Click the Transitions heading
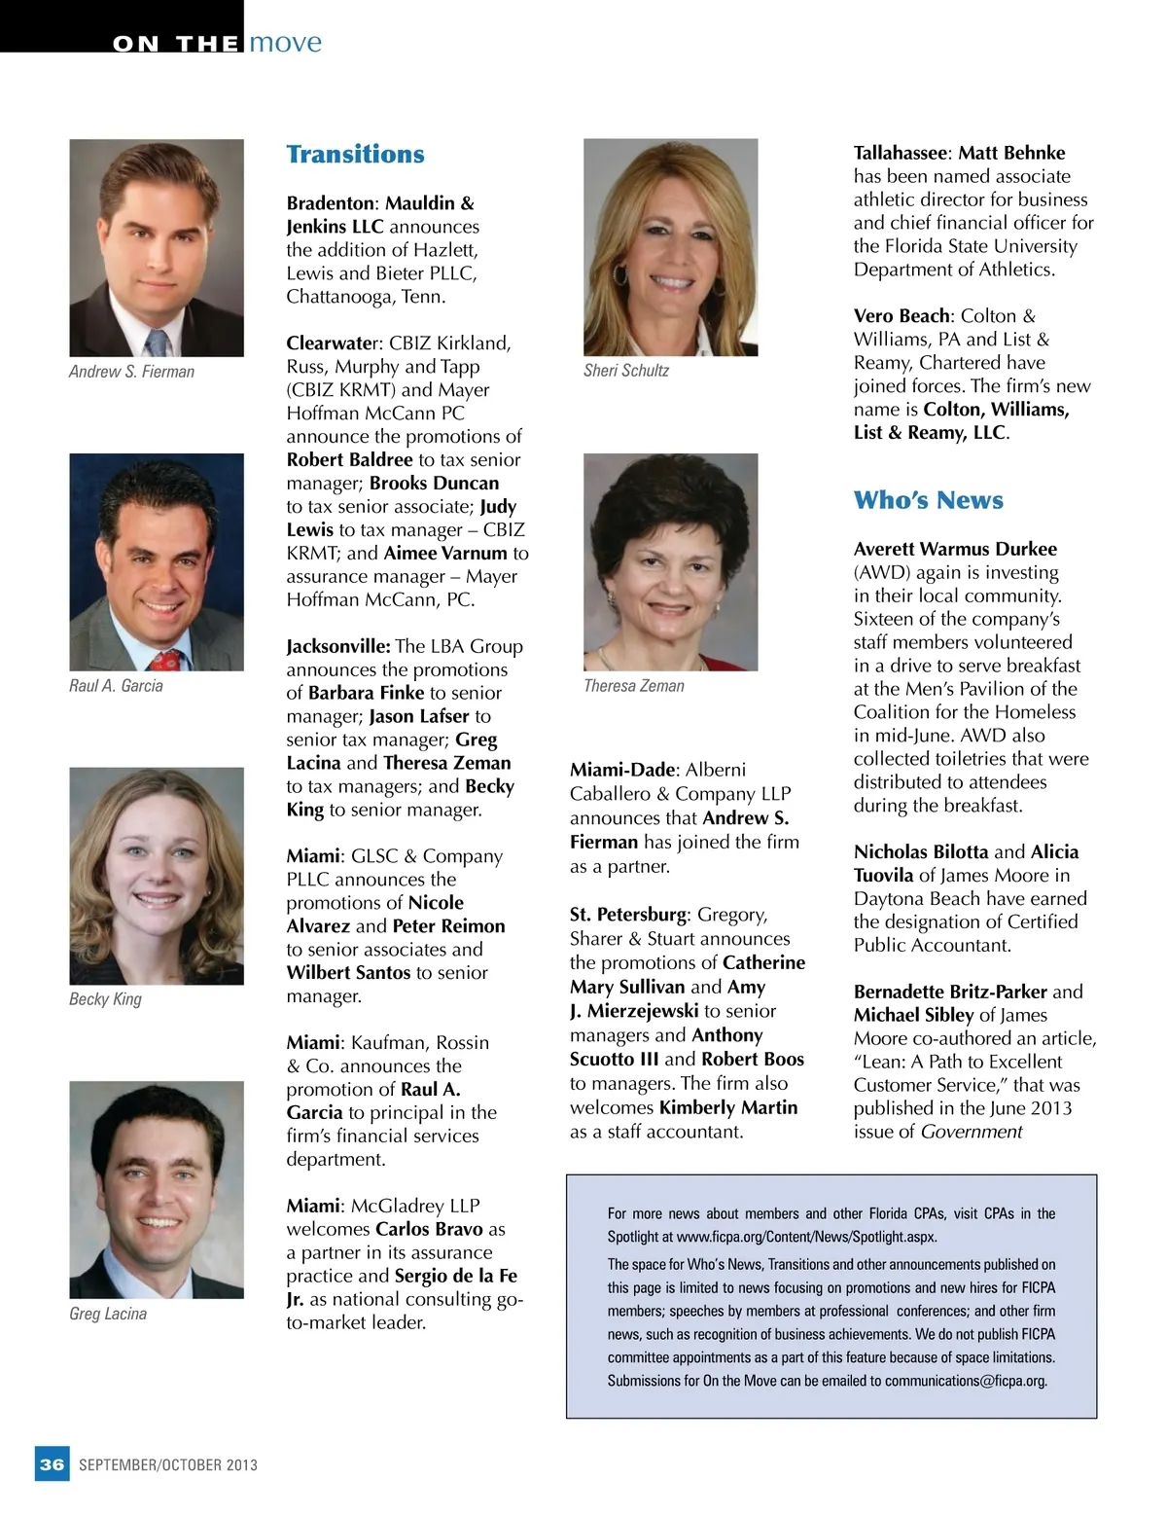[355, 155]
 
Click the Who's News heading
[928, 500]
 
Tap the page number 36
[53, 1464]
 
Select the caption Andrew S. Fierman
[131, 372]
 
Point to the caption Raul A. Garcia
[116, 686]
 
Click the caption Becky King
[105, 999]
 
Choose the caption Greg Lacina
[108, 1314]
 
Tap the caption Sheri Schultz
[626, 371]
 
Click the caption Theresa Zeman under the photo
[634, 686]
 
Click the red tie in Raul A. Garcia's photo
[166, 662]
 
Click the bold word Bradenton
[330, 203]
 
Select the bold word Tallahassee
[900, 153]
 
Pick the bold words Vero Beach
[902, 316]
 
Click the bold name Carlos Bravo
[429, 1229]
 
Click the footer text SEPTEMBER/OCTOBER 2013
[168, 1465]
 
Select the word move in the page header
[285, 43]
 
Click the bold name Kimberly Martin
[727, 1107]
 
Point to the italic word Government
[972, 1132]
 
